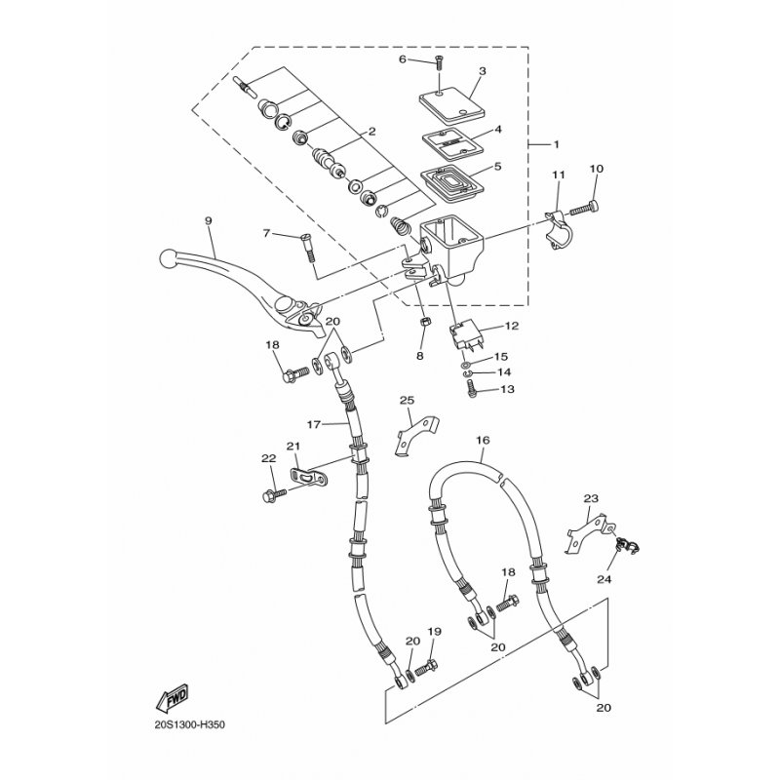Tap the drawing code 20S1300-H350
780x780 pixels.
tap(189, 724)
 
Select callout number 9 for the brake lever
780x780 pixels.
tap(208, 220)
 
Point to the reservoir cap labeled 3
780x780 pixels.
tap(451, 105)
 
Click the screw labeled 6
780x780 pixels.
tap(439, 62)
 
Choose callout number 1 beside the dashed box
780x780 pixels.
tap(556, 144)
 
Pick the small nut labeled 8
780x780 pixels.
tap(425, 323)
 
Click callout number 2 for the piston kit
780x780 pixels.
tap(371, 132)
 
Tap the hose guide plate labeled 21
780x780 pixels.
tap(309, 477)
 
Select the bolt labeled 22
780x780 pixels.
tap(274, 494)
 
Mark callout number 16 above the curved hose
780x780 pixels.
tap(483, 441)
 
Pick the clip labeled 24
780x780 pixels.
tap(627, 546)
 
